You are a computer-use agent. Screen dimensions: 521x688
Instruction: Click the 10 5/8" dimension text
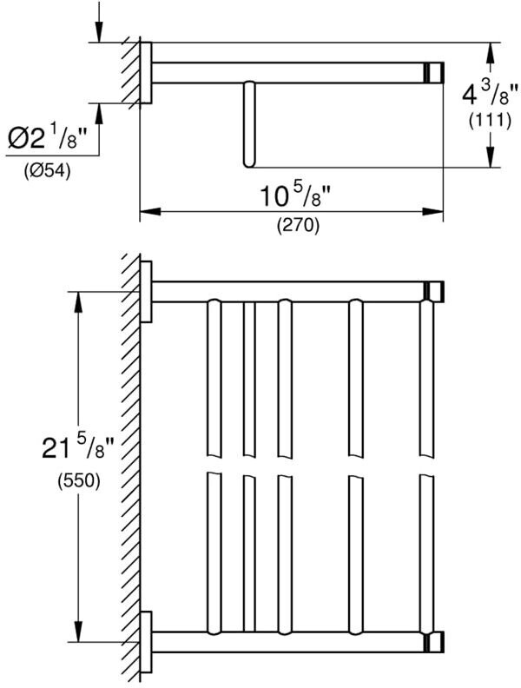(x=297, y=195)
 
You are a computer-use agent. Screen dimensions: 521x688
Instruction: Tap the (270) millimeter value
(x=298, y=226)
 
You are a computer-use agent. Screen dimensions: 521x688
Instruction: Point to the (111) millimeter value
(x=490, y=121)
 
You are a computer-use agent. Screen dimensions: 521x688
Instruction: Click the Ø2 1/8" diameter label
(x=47, y=139)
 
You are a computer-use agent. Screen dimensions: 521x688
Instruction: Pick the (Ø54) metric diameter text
(x=48, y=169)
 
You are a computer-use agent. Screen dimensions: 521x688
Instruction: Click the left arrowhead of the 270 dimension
(x=150, y=212)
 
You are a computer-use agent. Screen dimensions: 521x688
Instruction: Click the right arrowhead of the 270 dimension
(x=432, y=212)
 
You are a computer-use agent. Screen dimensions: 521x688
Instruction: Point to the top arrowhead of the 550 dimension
(x=78, y=302)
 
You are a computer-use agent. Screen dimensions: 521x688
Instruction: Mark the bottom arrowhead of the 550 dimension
(x=78, y=631)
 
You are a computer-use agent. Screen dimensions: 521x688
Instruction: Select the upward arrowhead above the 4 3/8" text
(x=491, y=54)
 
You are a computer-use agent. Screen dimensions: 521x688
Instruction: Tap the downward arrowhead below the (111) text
(x=491, y=156)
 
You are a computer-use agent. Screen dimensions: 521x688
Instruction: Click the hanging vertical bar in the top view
(x=248, y=124)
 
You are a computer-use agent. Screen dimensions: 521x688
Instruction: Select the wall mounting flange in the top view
(x=146, y=73)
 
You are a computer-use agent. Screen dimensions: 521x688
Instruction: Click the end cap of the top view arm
(x=433, y=72)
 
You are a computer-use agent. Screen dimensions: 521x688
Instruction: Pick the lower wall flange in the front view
(x=146, y=641)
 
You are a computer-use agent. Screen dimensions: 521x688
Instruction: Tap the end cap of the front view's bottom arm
(x=434, y=642)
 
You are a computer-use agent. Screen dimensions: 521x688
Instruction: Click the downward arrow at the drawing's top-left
(x=99, y=22)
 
